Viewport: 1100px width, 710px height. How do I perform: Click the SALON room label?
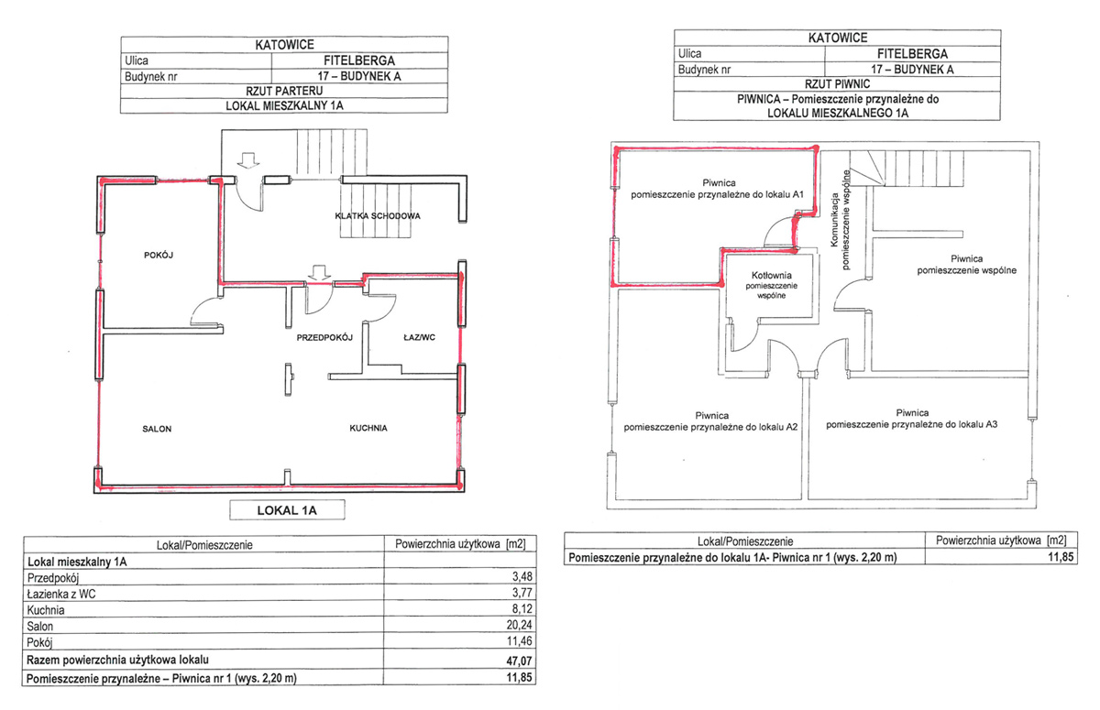[157, 429]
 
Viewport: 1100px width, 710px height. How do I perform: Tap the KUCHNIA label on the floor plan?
[368, 428]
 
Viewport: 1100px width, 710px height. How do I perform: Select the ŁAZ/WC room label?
[420, 337]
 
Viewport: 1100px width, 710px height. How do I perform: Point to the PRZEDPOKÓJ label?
[324, 337]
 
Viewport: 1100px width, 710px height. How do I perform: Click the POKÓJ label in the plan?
[159, 256]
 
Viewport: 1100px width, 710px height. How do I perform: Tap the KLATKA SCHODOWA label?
[378, 216]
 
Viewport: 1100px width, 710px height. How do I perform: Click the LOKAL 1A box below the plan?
[287, 509]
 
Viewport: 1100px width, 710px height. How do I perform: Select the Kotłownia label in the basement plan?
[772, 275]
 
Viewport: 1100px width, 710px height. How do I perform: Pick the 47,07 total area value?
[520, 660]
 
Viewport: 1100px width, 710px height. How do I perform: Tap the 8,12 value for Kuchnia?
[522, 608]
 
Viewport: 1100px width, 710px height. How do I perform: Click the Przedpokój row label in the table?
[53, 578]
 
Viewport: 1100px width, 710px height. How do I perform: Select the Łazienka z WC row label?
[61, 594]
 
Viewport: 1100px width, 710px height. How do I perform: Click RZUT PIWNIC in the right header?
[837, 84]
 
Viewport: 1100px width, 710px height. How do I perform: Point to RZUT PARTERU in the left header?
[284, 91]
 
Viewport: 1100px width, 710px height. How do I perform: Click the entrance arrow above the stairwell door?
[248, 160]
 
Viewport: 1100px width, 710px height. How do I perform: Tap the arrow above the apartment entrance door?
[319, 272]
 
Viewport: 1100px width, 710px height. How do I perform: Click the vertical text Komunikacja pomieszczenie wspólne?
[840, 220]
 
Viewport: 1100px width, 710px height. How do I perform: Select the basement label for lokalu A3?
[912, 419]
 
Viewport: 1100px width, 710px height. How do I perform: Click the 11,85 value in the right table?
[1061, 557]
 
